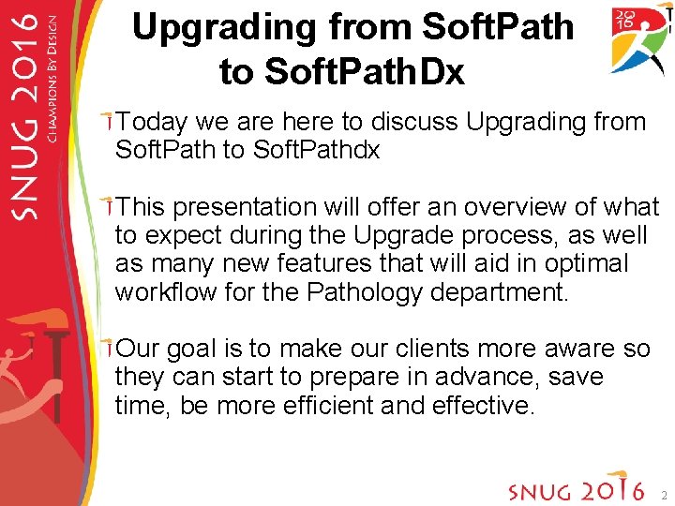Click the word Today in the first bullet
pyautogui.click(x=152, y=123)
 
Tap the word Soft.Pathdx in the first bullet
pyautogui.click(x=317, y=150)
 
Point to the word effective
pyautogui.click(x=483, y=406)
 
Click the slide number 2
pyautogui.click(x=663, y=494)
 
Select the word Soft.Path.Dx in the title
pyautogui.click(x=341, y=71)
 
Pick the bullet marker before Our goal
pyautogui.click(x=110, y=349)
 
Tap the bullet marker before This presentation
pyautogui.click(x=110, y=206)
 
